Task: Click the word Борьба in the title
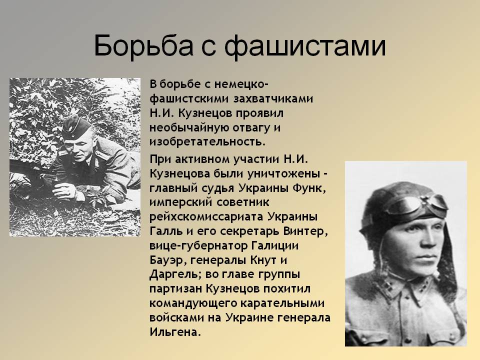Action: pyautogui.click(x=143, y=46)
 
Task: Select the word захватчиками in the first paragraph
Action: pyautogui.click(x=273, y=98)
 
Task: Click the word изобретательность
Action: pyautogui.click(x=207, y=141)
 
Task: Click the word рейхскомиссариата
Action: pyautogui.click(x=206, y=216)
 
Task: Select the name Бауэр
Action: pyautogui.click(x=168, y=260)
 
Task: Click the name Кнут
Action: pyautogui.click(x=264, y=260)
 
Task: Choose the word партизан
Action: pyautogui.click(x=176, y=288)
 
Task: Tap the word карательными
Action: pyautogui.click(x=282, y=303)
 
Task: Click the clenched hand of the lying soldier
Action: pyautogui.click(x=64, y=192)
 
